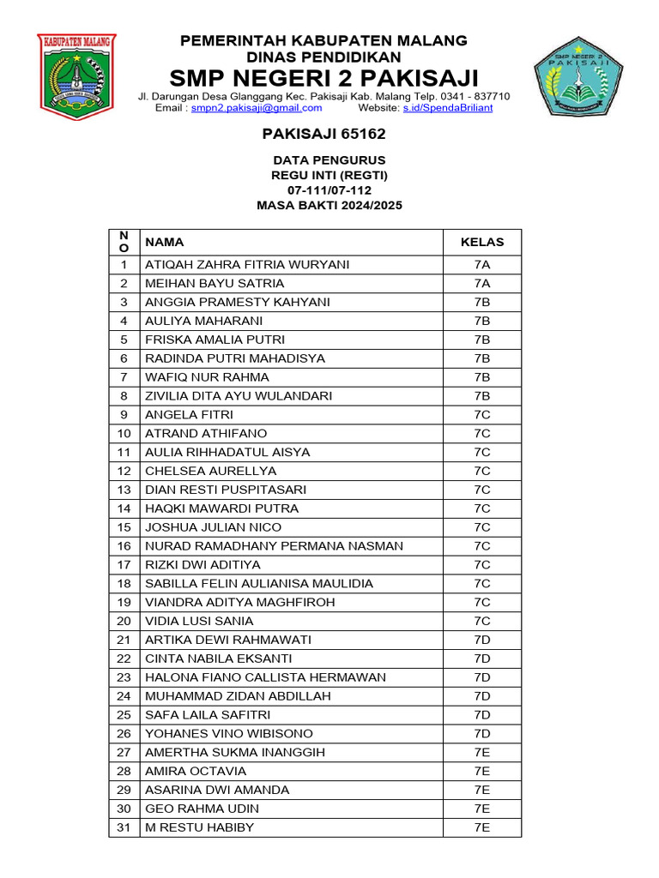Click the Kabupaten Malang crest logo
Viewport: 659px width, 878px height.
[x=76, y=75]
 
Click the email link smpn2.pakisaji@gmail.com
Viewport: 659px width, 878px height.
[x=257, y=108]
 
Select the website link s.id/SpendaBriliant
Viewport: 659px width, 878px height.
[x=448, y=108]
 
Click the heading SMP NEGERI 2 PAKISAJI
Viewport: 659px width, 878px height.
[x=324, y=78]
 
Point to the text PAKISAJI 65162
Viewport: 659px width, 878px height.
[x=323, y=134]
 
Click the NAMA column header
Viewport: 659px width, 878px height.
[x=164, y=243]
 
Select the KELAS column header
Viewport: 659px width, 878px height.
[x=482, y=243]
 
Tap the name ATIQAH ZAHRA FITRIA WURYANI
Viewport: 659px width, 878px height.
[x=247, y=265]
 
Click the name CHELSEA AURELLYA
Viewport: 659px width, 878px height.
[x=198, y=472]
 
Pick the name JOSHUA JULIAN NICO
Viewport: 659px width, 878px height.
[x=213, y=527]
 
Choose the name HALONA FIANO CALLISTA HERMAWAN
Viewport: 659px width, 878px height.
[x=265, y=677]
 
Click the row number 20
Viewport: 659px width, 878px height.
[x=124, y=621]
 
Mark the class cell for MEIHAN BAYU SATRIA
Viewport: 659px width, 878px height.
[x=482, y=284]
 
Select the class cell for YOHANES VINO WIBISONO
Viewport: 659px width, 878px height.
[x=482, y=734]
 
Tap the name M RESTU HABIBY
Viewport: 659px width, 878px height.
[x=199, y=827]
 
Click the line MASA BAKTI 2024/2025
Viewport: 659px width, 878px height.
[x=329, y=206]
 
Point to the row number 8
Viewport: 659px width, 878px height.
[x=124, y=396]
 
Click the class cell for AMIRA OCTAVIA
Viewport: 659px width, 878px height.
[x=482, y=772]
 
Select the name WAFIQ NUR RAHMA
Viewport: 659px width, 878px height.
[x=207, y=377]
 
